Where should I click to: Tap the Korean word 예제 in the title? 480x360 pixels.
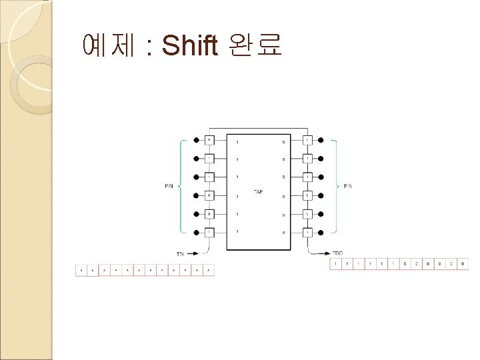[x=107, y=45]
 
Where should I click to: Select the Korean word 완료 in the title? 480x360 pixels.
[x=255, y=45]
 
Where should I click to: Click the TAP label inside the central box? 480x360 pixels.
[x=258, y=192]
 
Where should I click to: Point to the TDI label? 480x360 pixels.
[x=181, y=254]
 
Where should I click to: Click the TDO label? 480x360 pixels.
[x=337, y=254]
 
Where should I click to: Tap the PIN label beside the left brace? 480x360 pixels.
[x=169, y=186]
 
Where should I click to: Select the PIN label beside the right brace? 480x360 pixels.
[x=347, y=186]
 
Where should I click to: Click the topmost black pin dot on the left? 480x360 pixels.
[x=195, y=141]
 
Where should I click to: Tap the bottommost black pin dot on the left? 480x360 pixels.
[x=195, y=232]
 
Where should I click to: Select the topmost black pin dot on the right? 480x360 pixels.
[x=321, y=141]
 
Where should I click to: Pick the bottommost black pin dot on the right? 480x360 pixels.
[x=321, y=232]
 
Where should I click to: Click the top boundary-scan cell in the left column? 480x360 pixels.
[x=209, y=141]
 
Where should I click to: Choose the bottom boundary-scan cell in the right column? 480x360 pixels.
[x=307, y=232]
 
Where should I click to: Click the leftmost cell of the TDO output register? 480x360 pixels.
[x=337, y=265]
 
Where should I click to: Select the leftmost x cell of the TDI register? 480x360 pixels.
[x=81, y=271]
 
